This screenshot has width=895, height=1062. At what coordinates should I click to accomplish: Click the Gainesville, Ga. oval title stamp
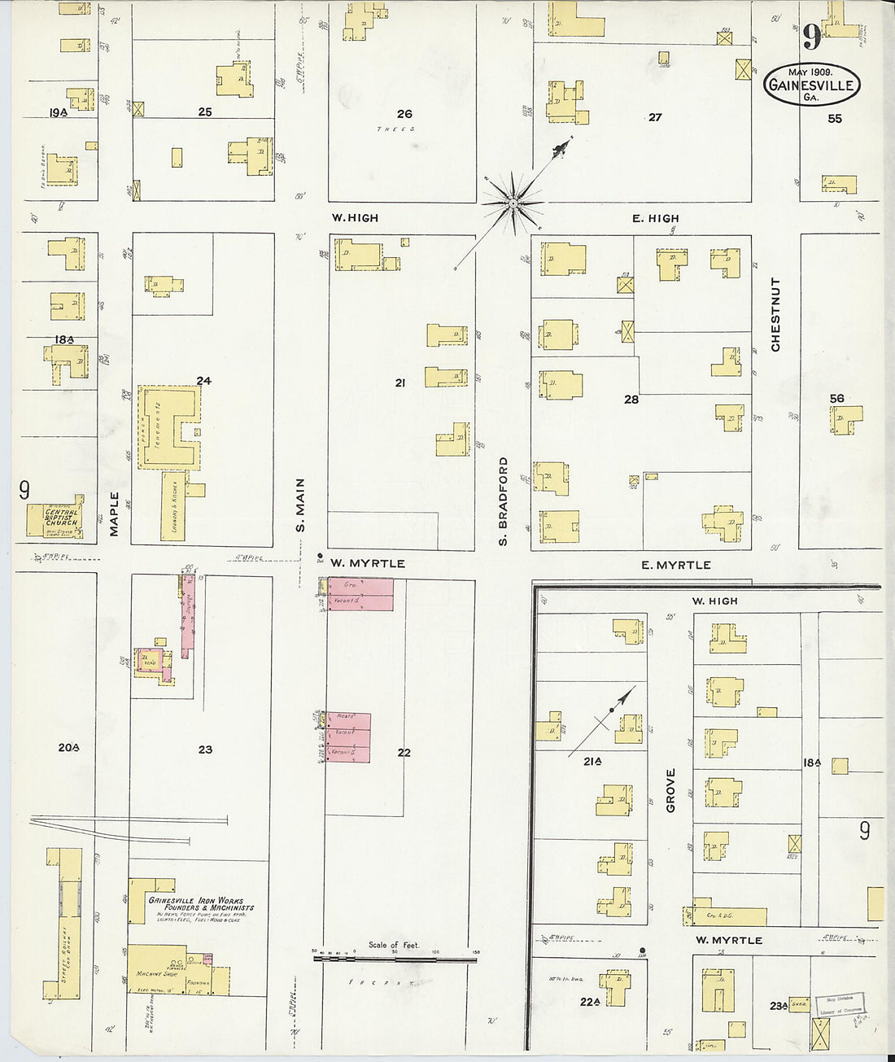point(812,85)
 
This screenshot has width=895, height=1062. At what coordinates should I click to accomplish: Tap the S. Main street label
point(300,505)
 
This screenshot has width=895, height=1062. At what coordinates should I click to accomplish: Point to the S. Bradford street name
point(504,500)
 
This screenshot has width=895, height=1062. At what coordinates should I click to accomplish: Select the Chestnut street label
point(775,314)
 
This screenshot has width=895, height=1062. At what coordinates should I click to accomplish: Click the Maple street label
point(114,514)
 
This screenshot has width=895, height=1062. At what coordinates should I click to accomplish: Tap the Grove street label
point(671,790)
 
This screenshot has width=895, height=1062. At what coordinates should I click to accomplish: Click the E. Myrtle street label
point(675,565)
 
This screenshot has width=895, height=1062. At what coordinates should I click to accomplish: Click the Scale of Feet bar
point(395,959)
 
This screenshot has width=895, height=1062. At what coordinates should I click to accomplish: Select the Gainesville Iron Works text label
point(201,904)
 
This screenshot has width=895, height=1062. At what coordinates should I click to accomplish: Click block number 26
point(404,114)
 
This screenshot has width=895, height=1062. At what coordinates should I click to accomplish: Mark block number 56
point(836,398)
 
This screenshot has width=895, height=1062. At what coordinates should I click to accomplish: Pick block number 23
point(205,749)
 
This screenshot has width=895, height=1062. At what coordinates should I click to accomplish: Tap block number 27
point(655,117)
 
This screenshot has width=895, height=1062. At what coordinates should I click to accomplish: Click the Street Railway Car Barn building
point(69,924)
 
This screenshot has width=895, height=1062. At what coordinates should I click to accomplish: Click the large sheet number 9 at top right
point(811,37)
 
